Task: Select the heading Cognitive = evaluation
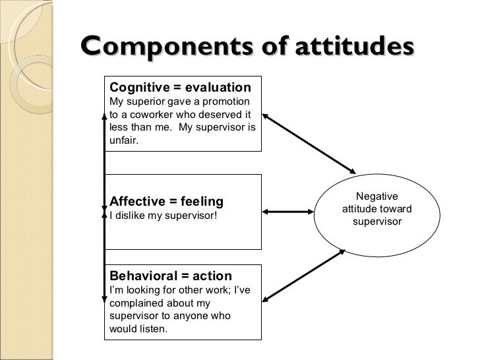click(180, 88)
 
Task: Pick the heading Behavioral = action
click(170, 276)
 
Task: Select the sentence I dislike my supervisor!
click(162, 215)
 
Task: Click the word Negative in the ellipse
click(376, 196)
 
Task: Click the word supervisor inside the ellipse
click(376, 222)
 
